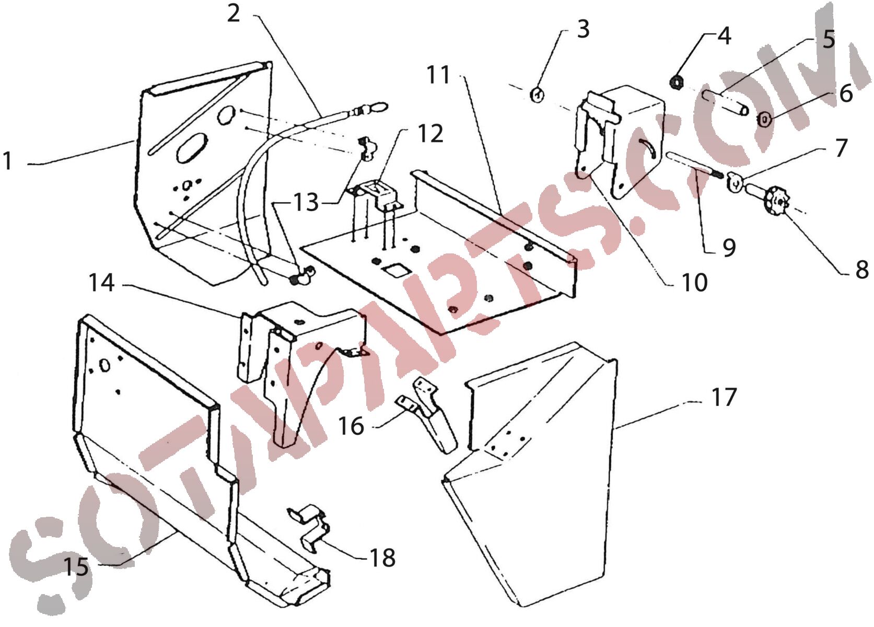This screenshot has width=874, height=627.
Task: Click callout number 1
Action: coord(7,160)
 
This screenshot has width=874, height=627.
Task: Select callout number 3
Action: coord(583,29)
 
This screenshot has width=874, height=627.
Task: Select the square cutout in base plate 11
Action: coord(395,271)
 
